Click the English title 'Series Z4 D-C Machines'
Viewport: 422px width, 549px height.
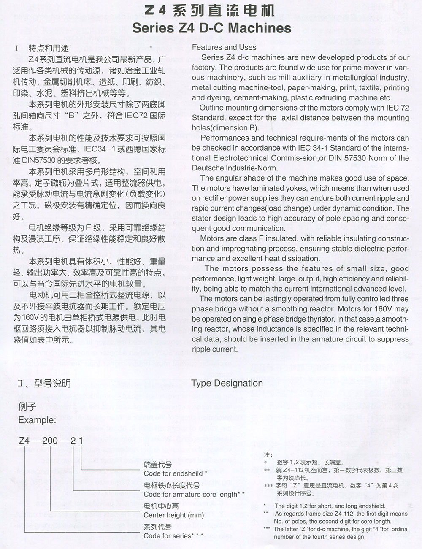211,28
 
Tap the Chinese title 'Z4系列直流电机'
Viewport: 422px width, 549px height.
209,10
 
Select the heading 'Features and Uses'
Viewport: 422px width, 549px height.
224,47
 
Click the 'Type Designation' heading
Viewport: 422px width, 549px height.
227,383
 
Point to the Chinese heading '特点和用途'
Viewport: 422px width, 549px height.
49,48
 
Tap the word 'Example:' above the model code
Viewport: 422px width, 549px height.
37,420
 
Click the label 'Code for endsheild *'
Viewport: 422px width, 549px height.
175,473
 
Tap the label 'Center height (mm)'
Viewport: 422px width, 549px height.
173,515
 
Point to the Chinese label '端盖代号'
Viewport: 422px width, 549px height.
157,465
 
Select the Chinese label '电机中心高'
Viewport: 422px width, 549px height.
161,506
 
